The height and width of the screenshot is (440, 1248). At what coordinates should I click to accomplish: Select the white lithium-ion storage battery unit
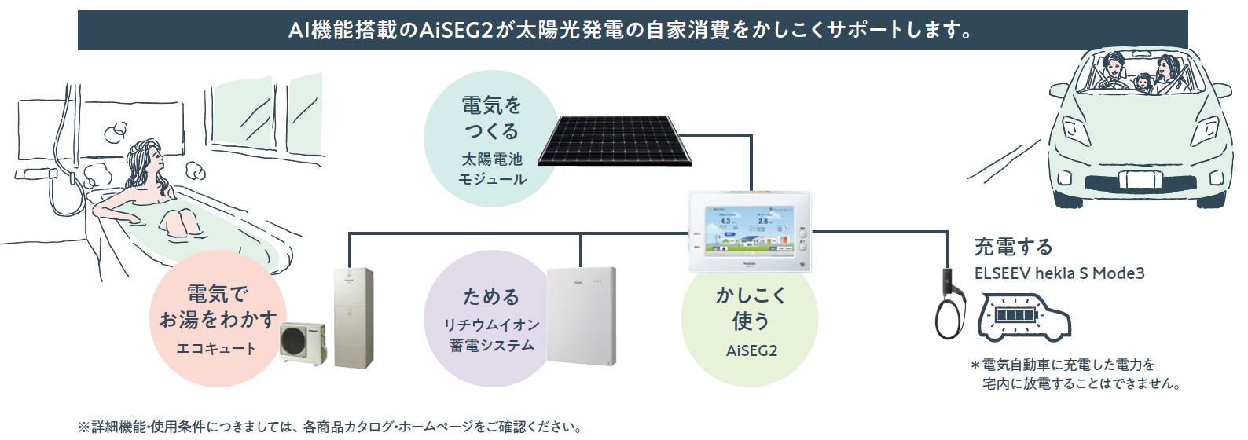[x=581, y=317]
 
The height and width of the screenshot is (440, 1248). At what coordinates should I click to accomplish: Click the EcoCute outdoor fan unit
[x=303, y=343]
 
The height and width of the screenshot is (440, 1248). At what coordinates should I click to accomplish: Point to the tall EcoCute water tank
[x=354, y=317]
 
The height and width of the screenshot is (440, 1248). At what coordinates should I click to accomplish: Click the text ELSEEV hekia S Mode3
[x=1059, y=273]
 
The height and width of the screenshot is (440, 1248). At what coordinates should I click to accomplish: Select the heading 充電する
[x=1012, y=247]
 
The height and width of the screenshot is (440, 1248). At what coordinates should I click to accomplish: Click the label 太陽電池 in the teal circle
[x=492, y=159]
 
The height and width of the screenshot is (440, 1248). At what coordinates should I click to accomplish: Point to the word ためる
[x=491, y=296]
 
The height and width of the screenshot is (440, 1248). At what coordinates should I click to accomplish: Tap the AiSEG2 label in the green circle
[x=751, y=350]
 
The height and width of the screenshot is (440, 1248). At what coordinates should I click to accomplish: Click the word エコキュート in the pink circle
[x=216, y=348]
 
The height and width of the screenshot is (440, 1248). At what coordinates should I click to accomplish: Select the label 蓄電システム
[x=492, y=345]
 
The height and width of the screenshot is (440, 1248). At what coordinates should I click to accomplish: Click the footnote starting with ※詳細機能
[x=330, y=427]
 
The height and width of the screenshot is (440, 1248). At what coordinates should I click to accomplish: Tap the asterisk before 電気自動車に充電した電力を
[x=975, y=365]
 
